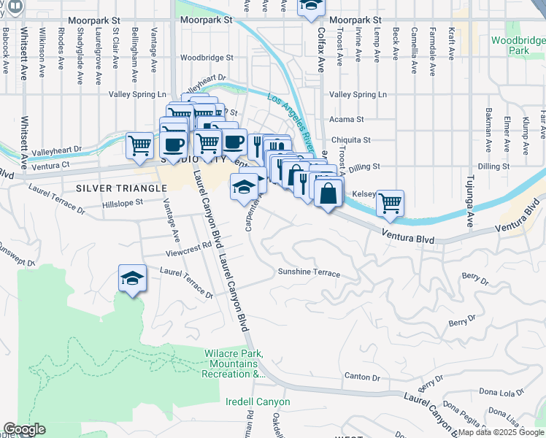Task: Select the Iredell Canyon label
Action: (258, 402)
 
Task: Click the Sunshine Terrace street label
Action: (309, 273)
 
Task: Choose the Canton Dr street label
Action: (362, 377)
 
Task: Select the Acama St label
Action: (347, 119)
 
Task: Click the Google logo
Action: (24, 429)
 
